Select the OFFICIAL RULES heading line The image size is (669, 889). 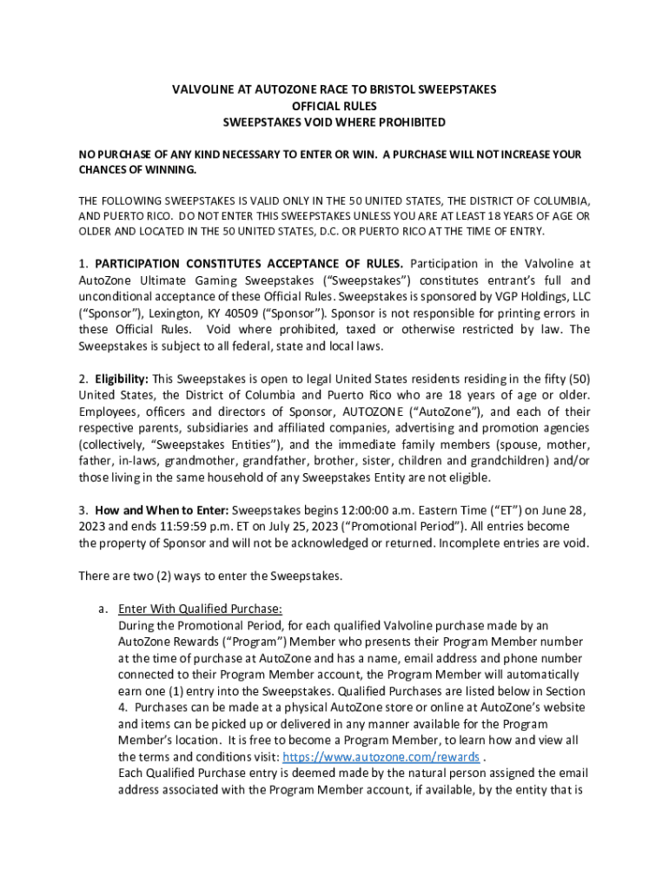334,106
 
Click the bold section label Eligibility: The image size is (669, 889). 122,379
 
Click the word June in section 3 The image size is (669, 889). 541,510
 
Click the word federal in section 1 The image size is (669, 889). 262,346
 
